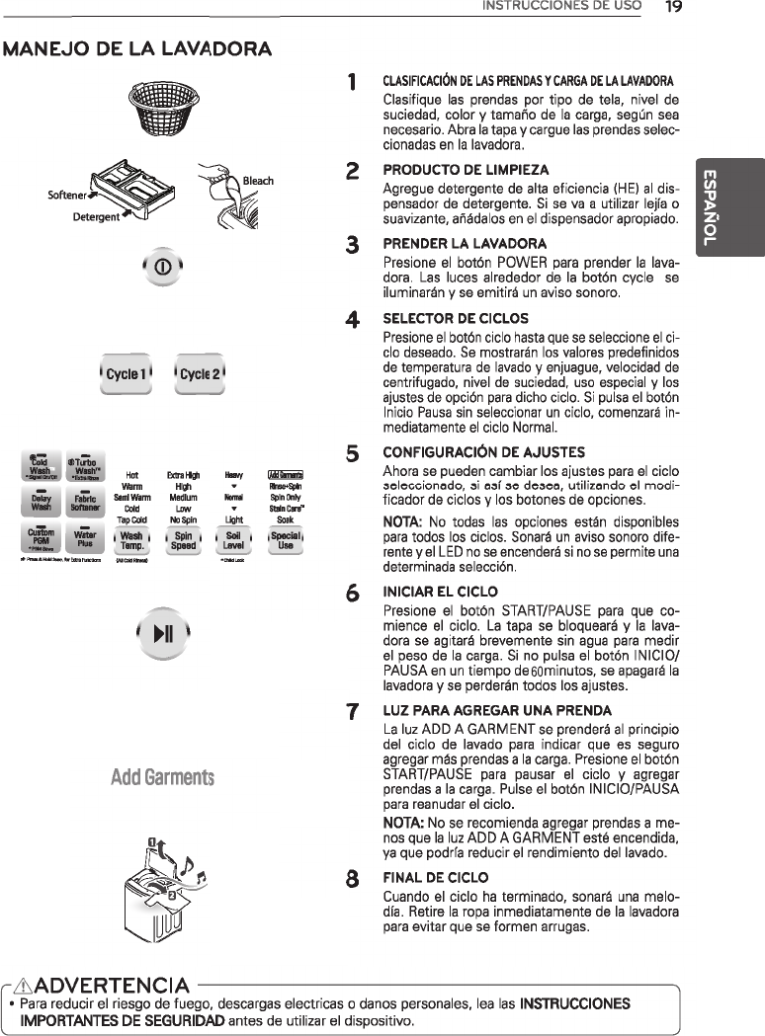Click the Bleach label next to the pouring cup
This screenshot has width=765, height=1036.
click(259, 182)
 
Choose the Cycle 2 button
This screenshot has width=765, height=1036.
click(199, 375)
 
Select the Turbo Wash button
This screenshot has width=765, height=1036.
click(86, 466)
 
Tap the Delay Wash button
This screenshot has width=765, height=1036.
click(41, 504)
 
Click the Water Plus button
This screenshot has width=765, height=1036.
click(86, 540)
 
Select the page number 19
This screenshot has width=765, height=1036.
click(674, 7)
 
